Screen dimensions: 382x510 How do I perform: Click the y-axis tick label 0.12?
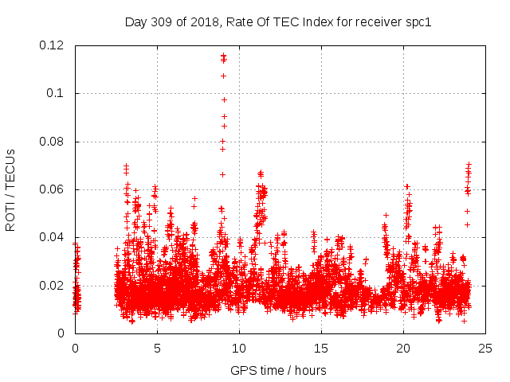point(53,45)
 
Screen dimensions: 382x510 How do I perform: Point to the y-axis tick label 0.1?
point(56,93)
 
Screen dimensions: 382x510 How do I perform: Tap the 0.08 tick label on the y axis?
point(53,142)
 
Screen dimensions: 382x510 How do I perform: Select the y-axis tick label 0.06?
point(53,189)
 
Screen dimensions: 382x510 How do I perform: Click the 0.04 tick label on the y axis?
point(53,237)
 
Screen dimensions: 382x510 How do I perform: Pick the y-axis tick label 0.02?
point(53,285)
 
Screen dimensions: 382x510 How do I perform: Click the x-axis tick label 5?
point(157,348)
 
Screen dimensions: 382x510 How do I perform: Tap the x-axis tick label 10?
point(239,348)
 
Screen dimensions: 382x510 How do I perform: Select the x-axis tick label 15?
point(321,348)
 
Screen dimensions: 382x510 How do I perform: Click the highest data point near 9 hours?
point(223,55)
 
